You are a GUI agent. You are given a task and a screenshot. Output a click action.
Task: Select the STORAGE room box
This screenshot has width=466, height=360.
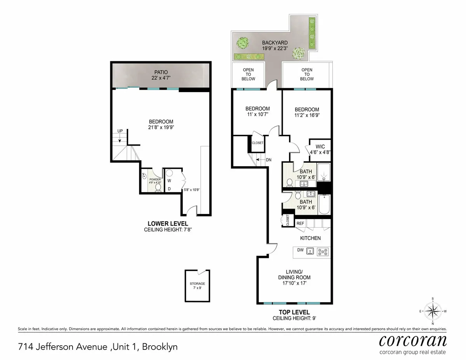point(197,286)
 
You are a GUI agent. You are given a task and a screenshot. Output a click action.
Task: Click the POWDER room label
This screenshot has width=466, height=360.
point(150,180)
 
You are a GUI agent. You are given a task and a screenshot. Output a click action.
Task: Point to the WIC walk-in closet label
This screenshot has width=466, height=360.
point(320,147)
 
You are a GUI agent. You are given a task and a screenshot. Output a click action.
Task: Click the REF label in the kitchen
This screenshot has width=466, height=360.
point(300,224)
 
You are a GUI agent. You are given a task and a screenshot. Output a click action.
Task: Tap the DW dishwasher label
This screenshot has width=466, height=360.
point(300,250)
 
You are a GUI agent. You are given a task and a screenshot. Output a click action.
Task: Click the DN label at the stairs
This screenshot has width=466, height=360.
point(269,160)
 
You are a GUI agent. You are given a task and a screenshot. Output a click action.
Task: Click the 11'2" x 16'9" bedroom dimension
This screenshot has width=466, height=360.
point(307,116)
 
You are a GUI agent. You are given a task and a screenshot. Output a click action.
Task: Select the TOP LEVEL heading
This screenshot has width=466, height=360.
point(294,312)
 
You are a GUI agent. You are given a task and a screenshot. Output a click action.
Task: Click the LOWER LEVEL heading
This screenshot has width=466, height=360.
point(168,224)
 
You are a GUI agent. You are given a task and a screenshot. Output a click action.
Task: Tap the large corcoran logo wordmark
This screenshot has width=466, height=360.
point(412,341)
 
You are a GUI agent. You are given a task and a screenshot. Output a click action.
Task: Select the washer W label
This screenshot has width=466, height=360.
point(169,180)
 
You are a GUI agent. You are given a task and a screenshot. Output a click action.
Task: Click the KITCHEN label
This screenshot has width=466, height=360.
point(310,238)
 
